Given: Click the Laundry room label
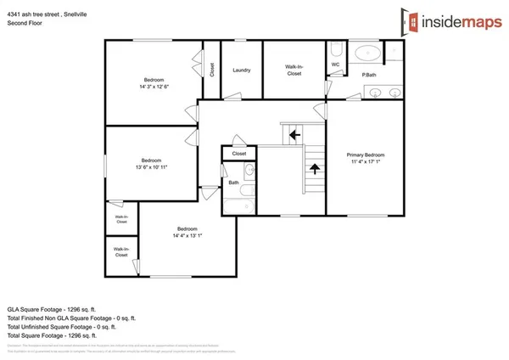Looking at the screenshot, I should tap(241, 70).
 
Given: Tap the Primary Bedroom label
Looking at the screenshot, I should tap(366, 155).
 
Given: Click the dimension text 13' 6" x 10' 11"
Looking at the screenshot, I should tap(152, 167).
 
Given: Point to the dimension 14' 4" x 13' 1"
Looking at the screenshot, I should tap(187, 236).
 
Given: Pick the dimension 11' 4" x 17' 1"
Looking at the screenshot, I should tap(366, 163).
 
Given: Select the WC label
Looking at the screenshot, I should tap(335, 65).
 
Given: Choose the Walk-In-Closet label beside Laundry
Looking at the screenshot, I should tap(294, 71).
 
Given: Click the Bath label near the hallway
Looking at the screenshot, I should tap(232, 183).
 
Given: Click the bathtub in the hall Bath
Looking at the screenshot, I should tap(238, 204).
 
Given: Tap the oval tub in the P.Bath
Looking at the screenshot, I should tap(367, 53).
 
